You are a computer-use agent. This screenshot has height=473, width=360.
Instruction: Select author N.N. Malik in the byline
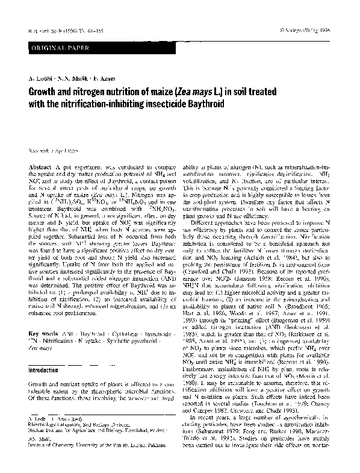click(67, 79)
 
